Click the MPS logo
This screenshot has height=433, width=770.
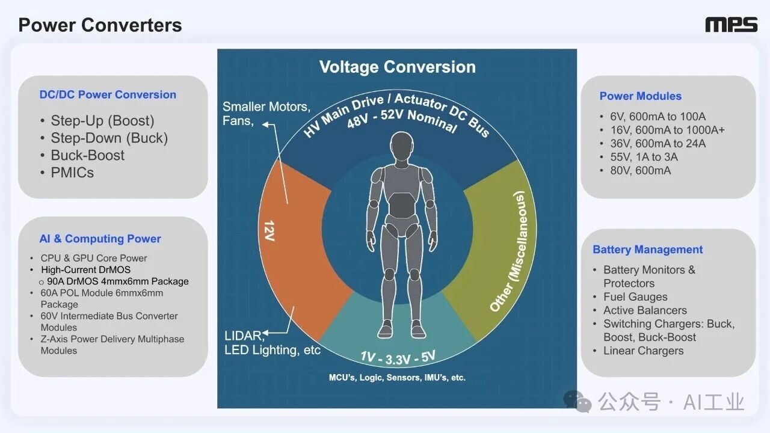point(731,25)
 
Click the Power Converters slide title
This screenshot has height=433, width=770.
point(100,25)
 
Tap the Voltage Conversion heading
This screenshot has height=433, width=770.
point(397,67)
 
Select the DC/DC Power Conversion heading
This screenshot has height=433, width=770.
point(108,94)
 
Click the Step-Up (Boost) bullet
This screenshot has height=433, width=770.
point(102,120)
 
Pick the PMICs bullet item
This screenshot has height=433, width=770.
point(72,172)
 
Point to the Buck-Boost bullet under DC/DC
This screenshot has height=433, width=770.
point(87,155)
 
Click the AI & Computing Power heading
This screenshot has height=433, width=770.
point(100,239)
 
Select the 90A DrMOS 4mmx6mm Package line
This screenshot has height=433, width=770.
point(117,281)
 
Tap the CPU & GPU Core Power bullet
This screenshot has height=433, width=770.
point(94,258)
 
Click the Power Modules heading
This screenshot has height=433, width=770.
point(640,96)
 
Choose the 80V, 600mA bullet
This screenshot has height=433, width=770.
point(636,170)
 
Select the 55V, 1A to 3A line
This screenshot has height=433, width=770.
point(639,157)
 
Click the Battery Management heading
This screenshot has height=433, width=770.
point(647,250)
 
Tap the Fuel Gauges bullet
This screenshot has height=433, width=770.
point(635,296)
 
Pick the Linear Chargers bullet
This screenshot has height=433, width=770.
point(643,351)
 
